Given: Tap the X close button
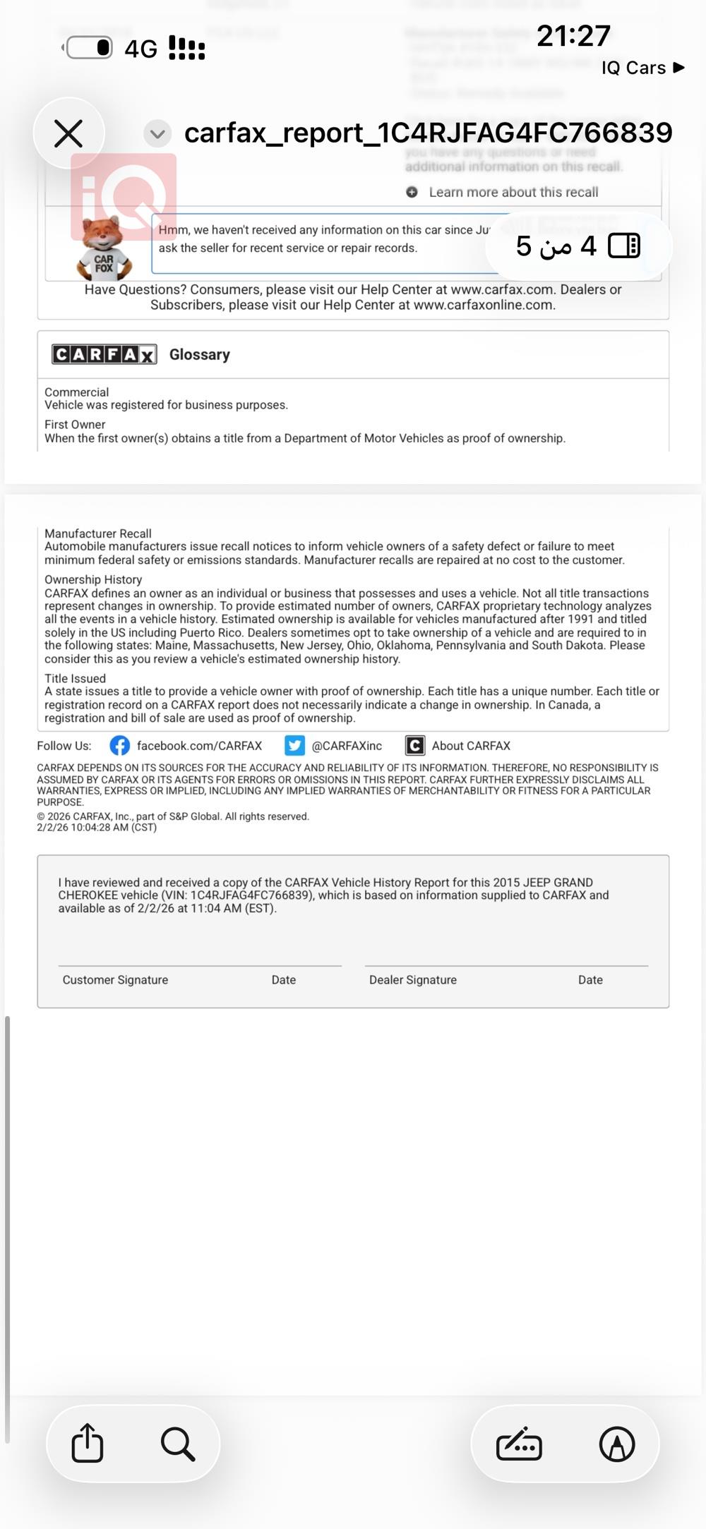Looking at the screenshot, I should (68, 133).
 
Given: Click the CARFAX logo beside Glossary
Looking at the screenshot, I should (104, 354).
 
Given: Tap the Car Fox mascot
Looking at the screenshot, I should (104, 249).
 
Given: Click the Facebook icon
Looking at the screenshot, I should (119, 746).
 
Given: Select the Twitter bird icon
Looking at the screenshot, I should (294, 746).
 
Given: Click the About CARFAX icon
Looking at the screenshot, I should (414, 746).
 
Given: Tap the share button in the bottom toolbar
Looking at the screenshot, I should (88, 1443).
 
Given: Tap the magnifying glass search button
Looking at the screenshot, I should (177, 1443).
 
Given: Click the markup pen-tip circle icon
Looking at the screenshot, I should (616, 1444).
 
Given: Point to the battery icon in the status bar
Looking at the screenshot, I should (88, 48).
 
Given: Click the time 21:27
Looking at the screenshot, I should (573, 36).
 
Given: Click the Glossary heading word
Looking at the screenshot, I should (200, 354).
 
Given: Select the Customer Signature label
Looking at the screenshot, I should (115, 979).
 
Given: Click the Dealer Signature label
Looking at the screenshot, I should (413, 979).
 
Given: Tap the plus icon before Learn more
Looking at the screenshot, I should (412, 192).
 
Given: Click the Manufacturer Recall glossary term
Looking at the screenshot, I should (98, 533).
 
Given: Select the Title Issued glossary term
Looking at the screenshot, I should (75, 678).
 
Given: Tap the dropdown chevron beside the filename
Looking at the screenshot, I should (157, 133).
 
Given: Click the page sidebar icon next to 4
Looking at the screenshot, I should (623, 246).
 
